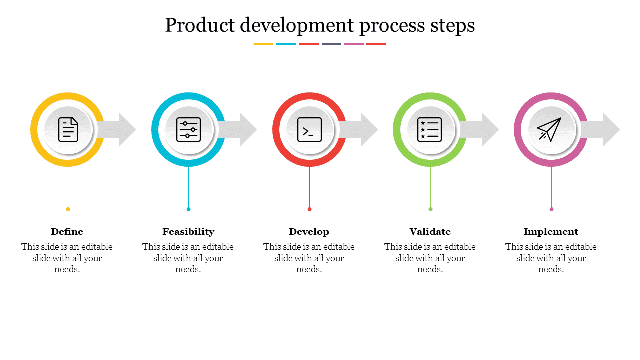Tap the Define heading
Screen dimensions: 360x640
(x=67, y=232)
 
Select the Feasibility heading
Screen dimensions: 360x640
(x=188, y=232)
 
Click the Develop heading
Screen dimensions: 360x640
(x=309, y=232)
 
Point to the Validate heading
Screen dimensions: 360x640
(x=430, y=232)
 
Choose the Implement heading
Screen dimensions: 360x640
(x=551, y=232)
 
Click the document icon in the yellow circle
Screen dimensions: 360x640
(x=68, y=129)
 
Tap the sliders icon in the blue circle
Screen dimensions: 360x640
(x=189, y=129)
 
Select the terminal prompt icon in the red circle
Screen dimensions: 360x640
(x=309, y=129)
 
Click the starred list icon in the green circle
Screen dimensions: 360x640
(x=430, y=129)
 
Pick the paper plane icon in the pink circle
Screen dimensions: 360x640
(x=550, y=129)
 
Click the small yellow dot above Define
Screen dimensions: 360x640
(x=68, y=209)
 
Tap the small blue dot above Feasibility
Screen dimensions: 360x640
(x=188, y=209)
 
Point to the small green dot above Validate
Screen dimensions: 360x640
(x=430, y=209)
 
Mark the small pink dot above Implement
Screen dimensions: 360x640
(x=551, y=209)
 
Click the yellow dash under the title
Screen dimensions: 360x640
(x=263, y=44)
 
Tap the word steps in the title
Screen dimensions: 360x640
(x=453, y=25)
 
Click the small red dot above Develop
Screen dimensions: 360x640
(x=309, y=209)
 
